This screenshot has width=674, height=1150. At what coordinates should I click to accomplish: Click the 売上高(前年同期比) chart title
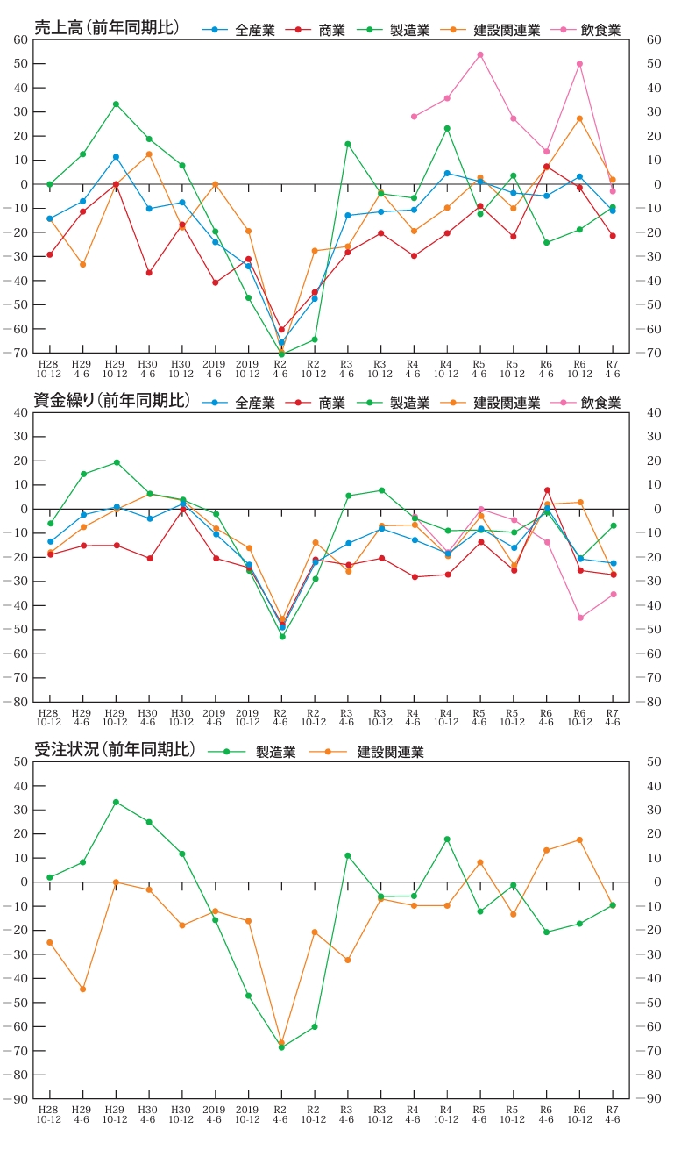[x=106, y=28]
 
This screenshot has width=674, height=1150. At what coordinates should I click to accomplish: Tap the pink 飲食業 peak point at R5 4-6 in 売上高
[x=479, y=54]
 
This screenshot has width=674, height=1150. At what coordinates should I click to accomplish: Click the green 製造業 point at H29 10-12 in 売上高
[x=116, y=104]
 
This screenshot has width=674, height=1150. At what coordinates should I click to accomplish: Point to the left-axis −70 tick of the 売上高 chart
[x=18, y=353]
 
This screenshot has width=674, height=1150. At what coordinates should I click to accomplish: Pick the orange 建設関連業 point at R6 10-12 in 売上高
[x=579, y=118]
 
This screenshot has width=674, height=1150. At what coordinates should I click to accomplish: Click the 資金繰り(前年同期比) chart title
[x=111, y=401]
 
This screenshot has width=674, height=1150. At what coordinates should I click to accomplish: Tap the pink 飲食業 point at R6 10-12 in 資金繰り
[x=579, y=618]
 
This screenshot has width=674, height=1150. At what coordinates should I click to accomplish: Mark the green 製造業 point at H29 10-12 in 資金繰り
[x=117, y=462]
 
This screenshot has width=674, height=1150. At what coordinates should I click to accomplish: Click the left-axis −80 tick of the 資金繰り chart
[x=18, y=702]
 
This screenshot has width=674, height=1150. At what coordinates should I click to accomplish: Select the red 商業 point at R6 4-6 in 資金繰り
[x=547, y=490]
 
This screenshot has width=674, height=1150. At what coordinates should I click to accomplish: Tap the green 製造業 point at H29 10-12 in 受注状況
[x=116, y=802]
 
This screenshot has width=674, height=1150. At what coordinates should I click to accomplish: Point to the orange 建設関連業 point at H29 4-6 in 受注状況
[x=82, y=989]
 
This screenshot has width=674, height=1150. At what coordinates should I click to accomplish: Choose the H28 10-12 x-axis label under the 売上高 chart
[x=49, y=368]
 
